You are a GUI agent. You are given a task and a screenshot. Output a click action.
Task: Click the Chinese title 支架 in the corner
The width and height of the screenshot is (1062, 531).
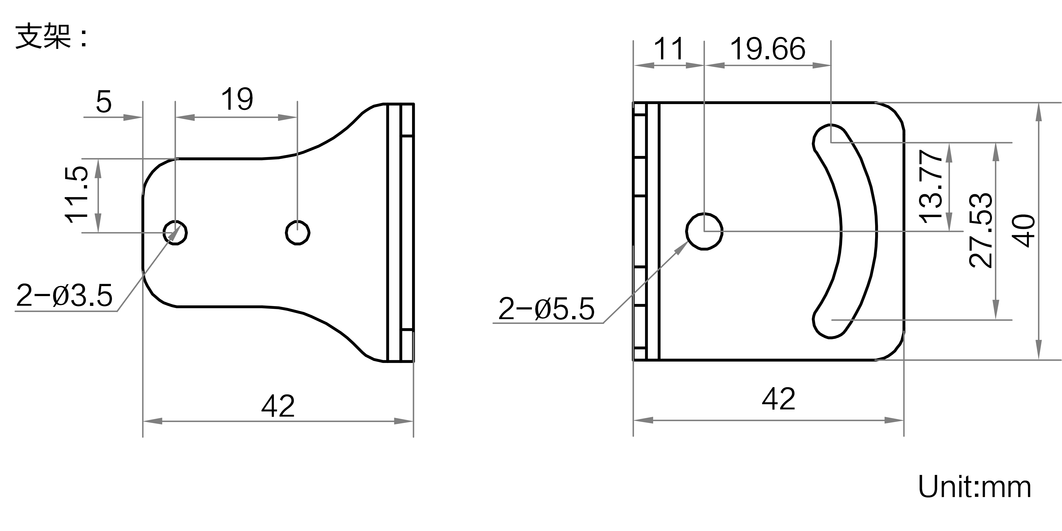tap(43, 37)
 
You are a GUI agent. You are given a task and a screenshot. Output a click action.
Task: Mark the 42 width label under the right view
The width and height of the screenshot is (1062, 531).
tap(778, 399)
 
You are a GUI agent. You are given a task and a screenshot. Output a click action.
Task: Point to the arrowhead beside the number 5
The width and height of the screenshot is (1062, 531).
tap(133, 117)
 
